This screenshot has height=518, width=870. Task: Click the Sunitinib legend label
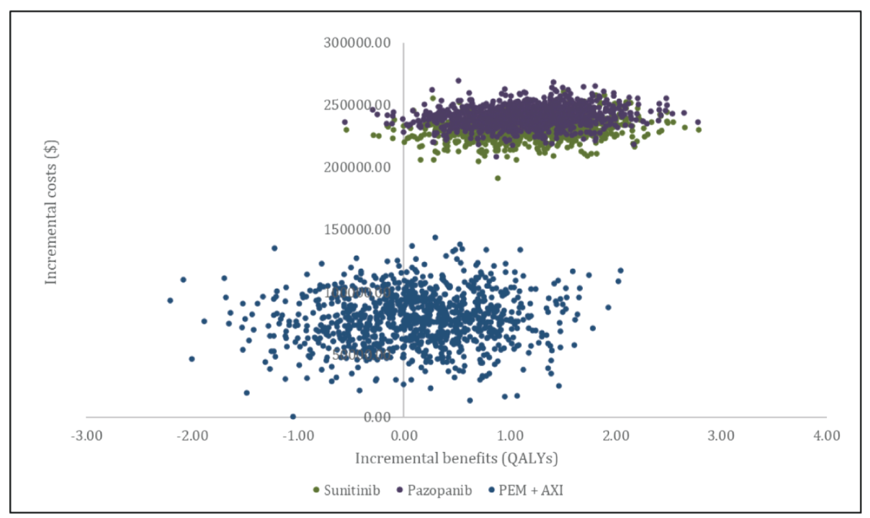[x=351, y=490]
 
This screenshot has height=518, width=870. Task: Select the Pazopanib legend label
[x=439, y=490]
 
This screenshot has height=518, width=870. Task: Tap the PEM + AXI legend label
[x=530, y=490]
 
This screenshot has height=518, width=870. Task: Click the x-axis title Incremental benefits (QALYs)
[x=456, y=458]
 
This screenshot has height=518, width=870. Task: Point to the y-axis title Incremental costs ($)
[x=51, y=212]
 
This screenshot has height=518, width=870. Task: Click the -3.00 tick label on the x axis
[x=86, y=436]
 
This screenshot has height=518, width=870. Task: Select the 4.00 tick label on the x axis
[x=826, y=436]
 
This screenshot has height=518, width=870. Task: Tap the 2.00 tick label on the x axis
[x=615, y=436]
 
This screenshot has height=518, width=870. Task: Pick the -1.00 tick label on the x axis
[x=298, y=436]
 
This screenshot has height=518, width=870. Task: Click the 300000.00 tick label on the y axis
[x=357, y=43]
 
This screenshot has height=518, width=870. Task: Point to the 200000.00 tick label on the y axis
[x=357, y=168]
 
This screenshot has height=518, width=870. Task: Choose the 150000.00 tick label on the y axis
[x=357, y=230]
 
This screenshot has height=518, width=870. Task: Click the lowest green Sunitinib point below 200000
[x=498, y=179]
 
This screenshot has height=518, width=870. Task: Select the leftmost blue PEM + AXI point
[x=170, y=300]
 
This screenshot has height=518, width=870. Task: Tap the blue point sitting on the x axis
[x=293, y=417]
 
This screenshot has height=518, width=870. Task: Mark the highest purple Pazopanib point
[x=458, y=81]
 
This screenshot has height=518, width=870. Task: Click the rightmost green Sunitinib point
[x=698, y=130]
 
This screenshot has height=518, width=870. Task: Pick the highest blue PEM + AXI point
[x=435, y=238]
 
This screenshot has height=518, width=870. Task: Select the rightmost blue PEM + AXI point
[x=620, y=271]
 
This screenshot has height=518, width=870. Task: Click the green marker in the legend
[x=316, y=490]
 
